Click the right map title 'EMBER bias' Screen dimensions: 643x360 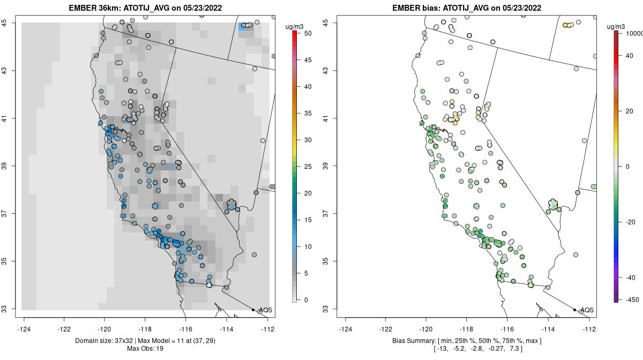click(416, 7)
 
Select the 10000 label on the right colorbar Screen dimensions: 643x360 click(634, 34)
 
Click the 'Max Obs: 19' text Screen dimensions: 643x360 click(145, 349)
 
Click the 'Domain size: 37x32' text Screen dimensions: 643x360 click(104, 341)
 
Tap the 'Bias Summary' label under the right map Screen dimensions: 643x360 click(414, 341)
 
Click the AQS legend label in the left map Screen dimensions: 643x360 click(266, 310)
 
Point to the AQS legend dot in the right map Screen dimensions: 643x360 click(574, 310)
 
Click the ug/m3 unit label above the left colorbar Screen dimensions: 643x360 click(294, 27)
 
